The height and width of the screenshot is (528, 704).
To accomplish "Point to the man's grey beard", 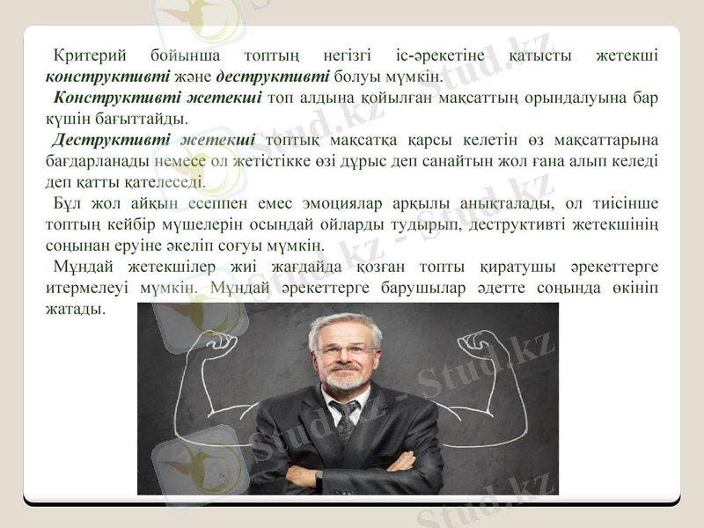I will tap(347, 381).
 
